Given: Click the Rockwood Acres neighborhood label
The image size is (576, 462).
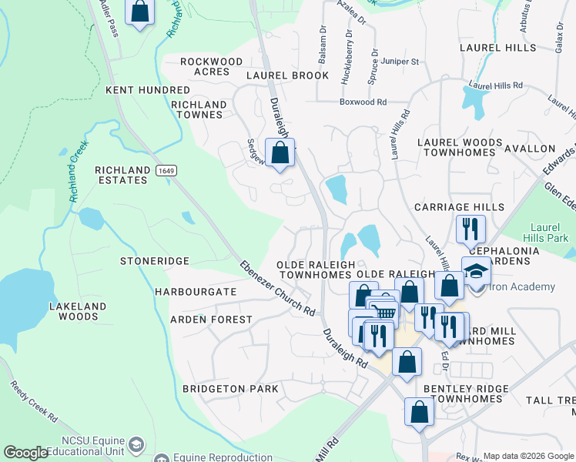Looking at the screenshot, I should point(211,66).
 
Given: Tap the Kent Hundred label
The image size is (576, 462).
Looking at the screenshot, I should point(147,90).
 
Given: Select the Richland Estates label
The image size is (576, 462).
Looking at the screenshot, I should point(121,175).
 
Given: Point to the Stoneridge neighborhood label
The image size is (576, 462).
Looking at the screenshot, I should point(154,261).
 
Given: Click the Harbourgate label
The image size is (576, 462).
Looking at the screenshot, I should point(195,293).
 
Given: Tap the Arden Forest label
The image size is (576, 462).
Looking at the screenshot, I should point(211,319).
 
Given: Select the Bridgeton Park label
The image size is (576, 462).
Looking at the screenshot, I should point(230,389).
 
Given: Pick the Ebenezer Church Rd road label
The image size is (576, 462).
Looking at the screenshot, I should point(276,289).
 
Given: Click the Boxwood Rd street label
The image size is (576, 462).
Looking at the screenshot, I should point(363,102).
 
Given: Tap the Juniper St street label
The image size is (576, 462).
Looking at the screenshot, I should point(398,62).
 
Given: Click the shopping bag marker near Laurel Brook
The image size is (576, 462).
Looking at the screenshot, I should point(280,152).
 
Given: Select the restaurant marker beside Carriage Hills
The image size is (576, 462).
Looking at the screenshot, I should point(470,229).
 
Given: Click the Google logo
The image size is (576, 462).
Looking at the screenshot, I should point(25,453).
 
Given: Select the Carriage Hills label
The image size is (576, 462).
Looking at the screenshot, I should point(459,207).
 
